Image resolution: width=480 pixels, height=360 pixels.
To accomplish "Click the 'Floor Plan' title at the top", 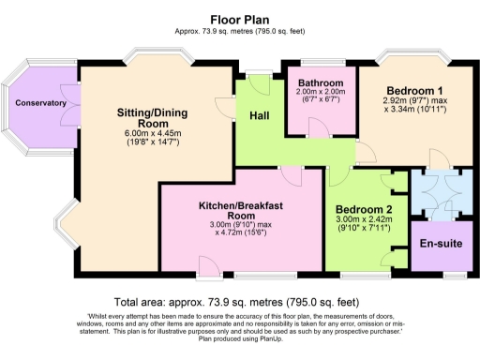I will (240, 18).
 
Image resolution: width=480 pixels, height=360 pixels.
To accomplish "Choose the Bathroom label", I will (322, 83).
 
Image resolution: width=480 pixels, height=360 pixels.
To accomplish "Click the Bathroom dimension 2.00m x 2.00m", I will (322, 93).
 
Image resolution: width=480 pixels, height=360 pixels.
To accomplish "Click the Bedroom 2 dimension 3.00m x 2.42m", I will (364, 219).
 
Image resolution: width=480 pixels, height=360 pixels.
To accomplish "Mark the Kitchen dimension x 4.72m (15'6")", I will (242, 233).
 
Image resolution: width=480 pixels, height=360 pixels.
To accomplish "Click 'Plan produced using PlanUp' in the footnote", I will (240, 341).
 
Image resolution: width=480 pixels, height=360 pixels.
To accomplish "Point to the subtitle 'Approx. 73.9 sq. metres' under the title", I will (240, 30).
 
